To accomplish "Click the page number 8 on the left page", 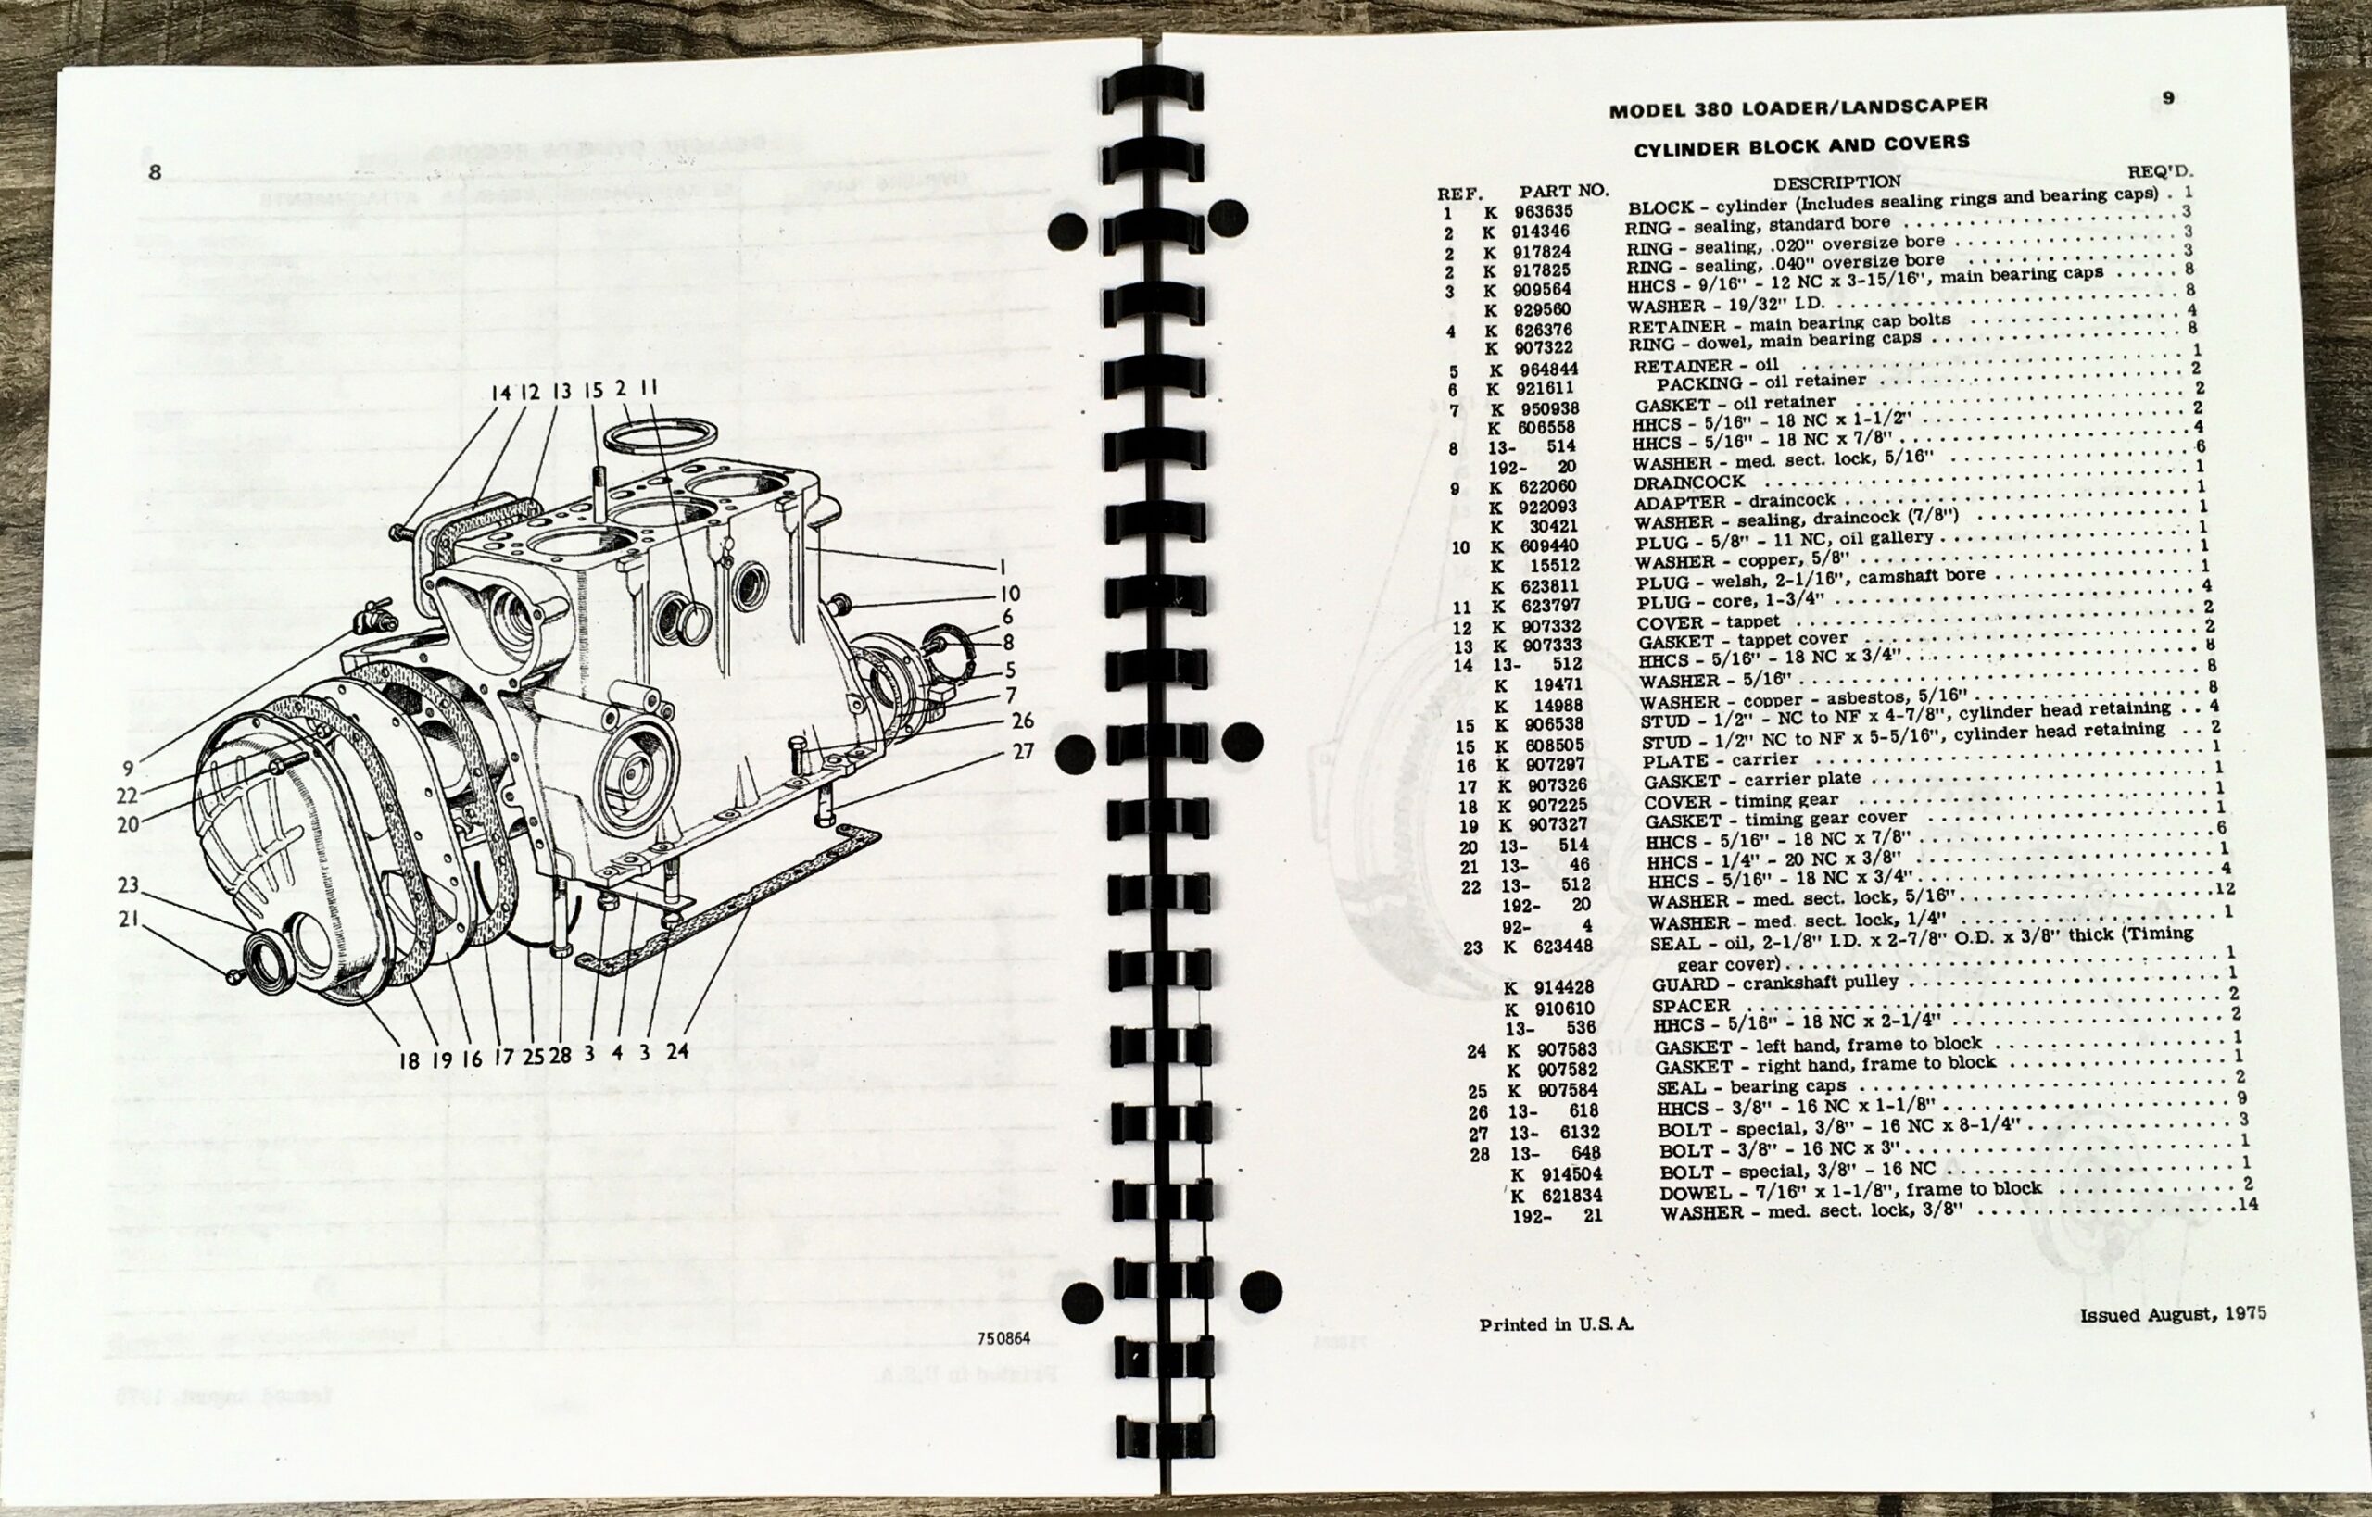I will pyautogui.click(x=155, y=172).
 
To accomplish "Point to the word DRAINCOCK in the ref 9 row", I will pyautogui.click(x=1688, y=483).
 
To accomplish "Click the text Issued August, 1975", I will pyautogui.click(x=2173, y=1314).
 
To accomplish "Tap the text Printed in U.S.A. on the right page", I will pyautogui.click(x=1556, y=1325).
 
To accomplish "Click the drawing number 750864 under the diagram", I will pyautogui.click(x=1003, y=1338).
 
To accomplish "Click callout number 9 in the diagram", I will pyautogui.click(x=128, y=769).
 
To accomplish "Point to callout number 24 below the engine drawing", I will pyautogui.click(x=676, y=1051).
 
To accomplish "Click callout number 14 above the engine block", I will pyautogui.click(x=500, y=392).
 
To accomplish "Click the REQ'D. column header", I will pyautogui.click(x=2166, y=171).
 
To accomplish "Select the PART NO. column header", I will pyautogui.click(x=1563, y=191).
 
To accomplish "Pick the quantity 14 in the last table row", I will pyautogui.click(x=2248, y=1204).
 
